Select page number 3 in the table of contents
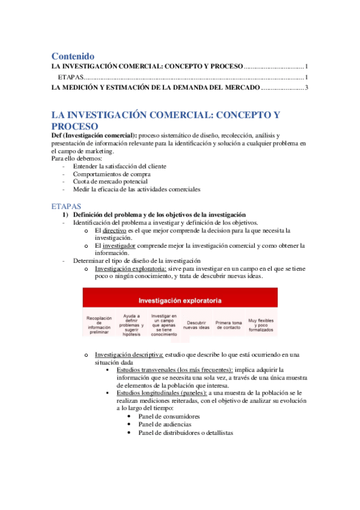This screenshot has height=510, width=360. coord(306,88)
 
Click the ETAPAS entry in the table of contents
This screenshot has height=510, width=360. coord(70,77)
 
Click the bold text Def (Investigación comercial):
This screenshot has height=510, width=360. coord(94,135)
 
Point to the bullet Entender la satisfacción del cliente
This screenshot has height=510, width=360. coord(120,166)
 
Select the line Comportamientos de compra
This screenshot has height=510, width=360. coord(108,174)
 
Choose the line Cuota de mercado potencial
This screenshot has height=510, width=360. coord(110,181)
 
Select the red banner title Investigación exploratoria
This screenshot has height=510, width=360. coord(180,300)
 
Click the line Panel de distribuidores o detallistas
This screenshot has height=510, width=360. coord(186,432)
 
